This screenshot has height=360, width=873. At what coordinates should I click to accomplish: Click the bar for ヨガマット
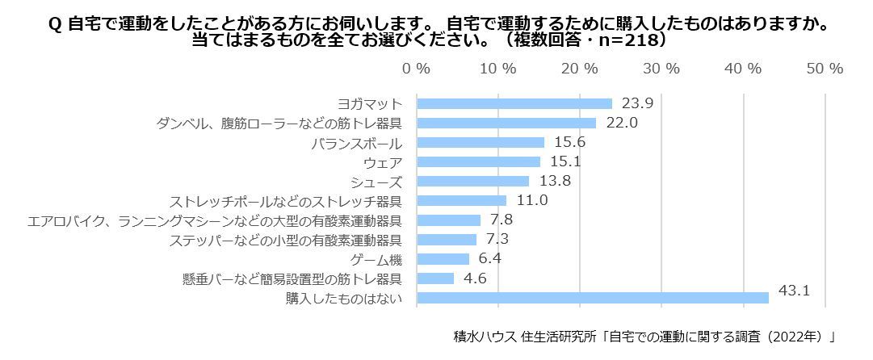(514, 103)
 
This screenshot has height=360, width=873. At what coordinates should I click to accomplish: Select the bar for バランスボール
(481, 142)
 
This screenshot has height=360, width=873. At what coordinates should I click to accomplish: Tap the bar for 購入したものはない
(593, 298)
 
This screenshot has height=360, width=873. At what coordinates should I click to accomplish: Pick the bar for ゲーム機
(443, 259)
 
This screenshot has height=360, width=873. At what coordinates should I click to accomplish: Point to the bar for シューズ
(473, 181)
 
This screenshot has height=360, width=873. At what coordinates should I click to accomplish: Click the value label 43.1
(794, 289)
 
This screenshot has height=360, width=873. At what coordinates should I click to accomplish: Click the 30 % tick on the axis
(661, 69)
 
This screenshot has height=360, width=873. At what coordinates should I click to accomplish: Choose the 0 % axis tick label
(416, 69)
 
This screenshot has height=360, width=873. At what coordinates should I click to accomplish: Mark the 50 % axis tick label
(825, 69)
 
